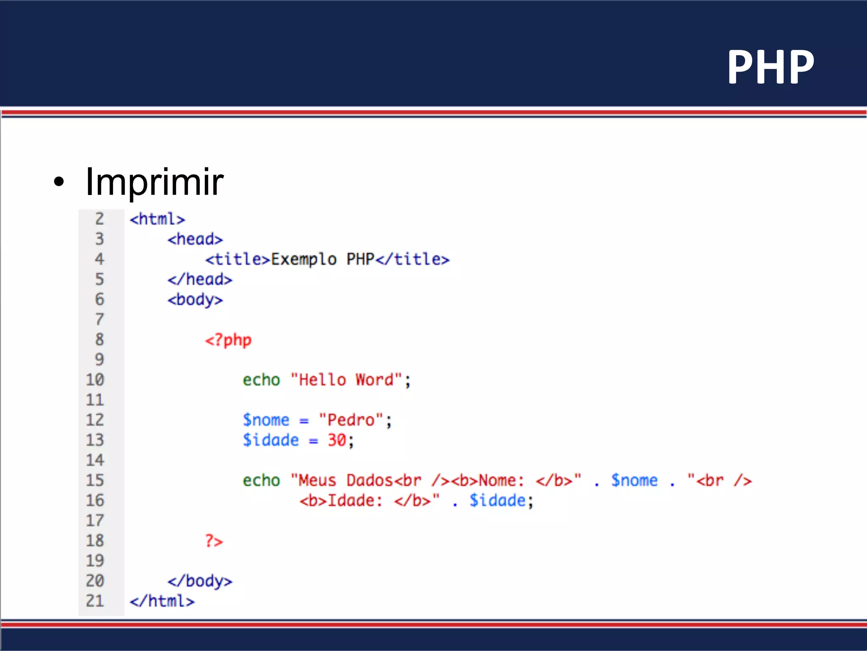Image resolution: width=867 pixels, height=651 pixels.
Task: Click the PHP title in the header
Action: coord(770,67)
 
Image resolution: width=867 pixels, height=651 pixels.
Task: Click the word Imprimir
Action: coord(154,182)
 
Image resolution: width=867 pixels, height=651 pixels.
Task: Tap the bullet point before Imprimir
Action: coord(59,182)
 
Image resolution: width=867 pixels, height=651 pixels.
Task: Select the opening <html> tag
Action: coord(157,219)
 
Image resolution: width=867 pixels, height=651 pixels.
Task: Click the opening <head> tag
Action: coord(195,239)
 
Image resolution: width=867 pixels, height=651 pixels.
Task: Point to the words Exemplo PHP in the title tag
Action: coord(322,259)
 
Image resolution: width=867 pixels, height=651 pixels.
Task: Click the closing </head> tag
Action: coord(199,280)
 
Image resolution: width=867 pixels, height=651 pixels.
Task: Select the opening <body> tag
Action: coord(195,300)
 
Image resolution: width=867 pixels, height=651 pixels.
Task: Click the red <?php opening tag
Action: coord(228,340)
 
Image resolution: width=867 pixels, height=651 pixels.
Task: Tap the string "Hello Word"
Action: coord(346,380)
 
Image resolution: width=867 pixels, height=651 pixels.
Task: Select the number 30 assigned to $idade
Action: coord(337,440)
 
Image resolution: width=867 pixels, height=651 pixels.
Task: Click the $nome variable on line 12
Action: coord(266,420)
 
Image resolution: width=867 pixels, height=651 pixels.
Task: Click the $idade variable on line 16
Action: coord(497,501)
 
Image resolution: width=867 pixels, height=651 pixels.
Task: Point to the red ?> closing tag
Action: coord(214,541)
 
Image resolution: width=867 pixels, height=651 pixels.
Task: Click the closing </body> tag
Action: coord(199,581)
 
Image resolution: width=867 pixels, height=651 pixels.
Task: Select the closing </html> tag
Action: coord(162,601)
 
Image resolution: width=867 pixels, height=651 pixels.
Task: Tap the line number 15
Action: coord(95,480)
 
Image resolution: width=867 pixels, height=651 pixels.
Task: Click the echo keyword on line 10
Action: coord(261,380)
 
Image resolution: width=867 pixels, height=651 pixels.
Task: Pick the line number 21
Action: coord(95,601)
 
